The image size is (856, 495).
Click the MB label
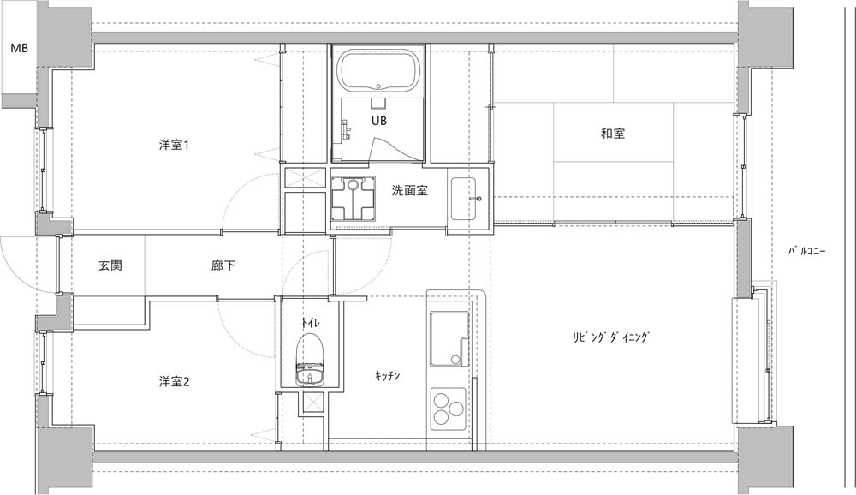pyautogui.click(x=20, y=48)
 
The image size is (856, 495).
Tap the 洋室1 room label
pyautogui.click(x=174, y=146)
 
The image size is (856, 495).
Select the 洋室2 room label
pyautogui.click(x=174, y=381)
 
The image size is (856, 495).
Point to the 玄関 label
pyautogui.click(x=110, y=265)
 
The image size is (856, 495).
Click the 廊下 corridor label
pyautogui.click(x=223, y=265)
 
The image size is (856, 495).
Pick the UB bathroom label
pyautogui.click(x=379, y=120)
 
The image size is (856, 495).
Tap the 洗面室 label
pyautogui.click(x=409, y=191)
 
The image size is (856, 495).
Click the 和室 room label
pyautogui.click(x=613, y=134)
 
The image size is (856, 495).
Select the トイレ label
pyautogui.click(x=310, y=322)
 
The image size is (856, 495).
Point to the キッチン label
pyautogui.click(x=388, y=376)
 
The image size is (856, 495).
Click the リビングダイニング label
pyautogui.click(x=612, y=337)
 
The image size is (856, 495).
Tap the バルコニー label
pyautogui.click(x=807, y=252)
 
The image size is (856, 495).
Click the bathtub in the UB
pyautogui.click(x=379, y=70)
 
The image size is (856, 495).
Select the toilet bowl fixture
pyautogui.click(x=310, y=360)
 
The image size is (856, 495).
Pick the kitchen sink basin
pyautogui.click(x=449, y=339)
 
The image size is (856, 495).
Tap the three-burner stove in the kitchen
pyautogui.click(x=449, y=409)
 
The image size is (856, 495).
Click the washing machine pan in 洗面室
pyautogui.click(x=354, y=198)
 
